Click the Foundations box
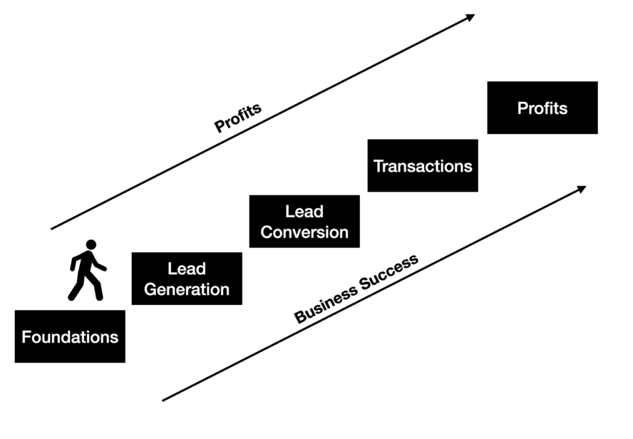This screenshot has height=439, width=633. [70, 336]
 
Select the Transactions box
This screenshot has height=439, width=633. [423, 166]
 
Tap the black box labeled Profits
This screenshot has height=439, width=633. [542, 108]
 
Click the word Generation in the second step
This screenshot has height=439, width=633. [187, 289]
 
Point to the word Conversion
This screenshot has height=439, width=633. [304, 232]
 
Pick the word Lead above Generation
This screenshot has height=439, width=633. [187, 269]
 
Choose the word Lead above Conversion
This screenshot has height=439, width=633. [304, 212]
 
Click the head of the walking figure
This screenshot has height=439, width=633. [91, 245]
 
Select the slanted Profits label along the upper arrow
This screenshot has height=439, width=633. [238, 118]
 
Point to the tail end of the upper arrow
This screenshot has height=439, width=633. [52, 229]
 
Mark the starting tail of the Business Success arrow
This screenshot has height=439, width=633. [163, 401]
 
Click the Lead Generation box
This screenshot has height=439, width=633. [187, 278]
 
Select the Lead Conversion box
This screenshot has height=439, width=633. [304, 221]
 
